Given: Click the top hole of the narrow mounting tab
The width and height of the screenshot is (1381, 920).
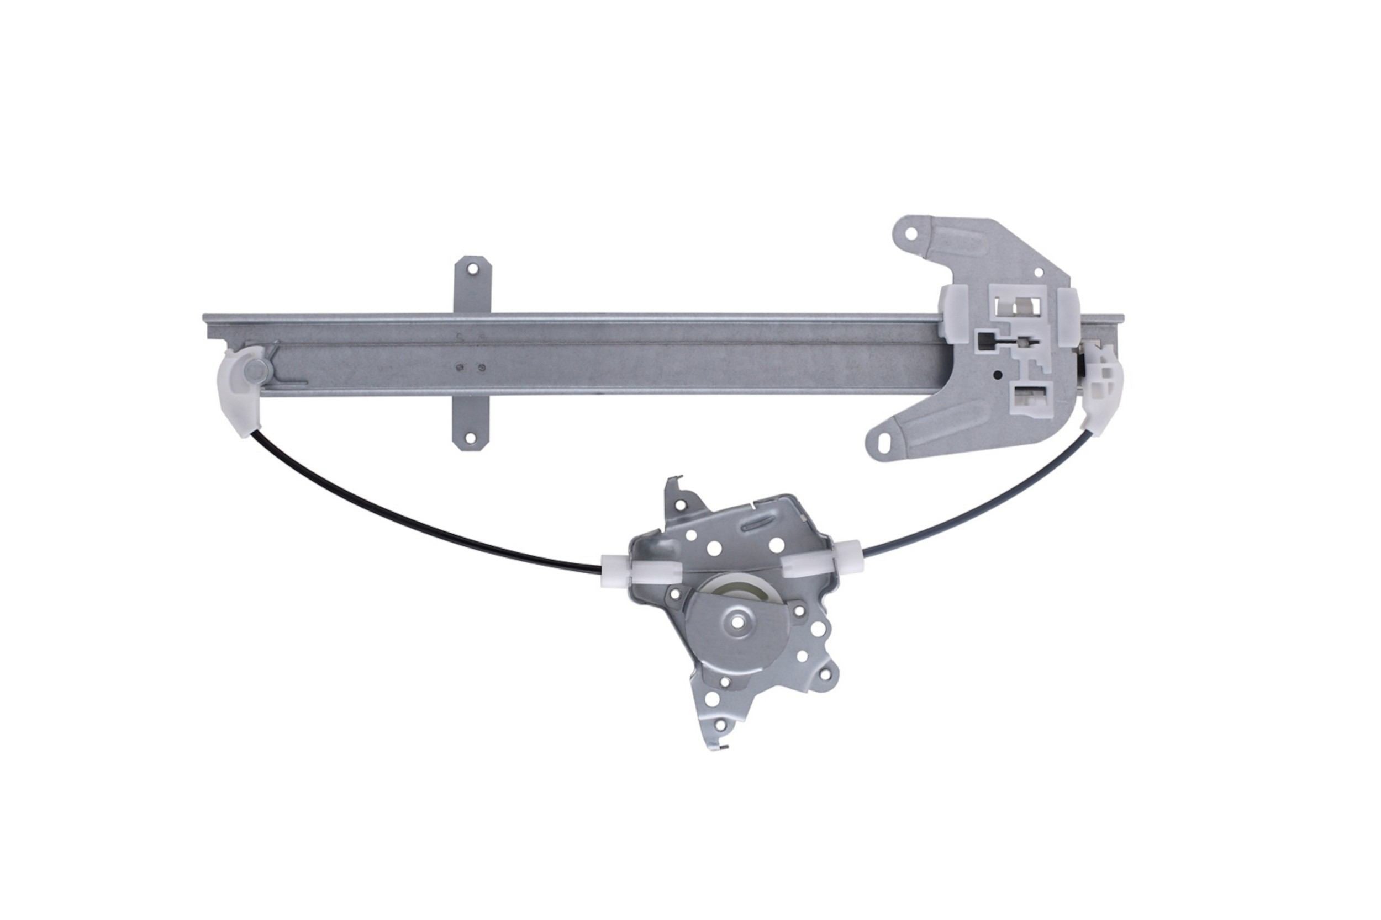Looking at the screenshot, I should click(472, 269).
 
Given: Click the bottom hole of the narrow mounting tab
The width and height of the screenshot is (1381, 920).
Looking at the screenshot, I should click(470, 438).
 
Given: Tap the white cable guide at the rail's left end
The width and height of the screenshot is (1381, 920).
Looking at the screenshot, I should click(241, 390).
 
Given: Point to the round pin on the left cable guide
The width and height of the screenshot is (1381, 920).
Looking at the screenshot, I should click(256, 370).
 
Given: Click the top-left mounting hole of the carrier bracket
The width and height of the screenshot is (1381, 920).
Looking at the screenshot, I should click(911, 233).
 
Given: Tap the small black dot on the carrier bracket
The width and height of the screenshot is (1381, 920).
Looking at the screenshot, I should click(997, 374).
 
